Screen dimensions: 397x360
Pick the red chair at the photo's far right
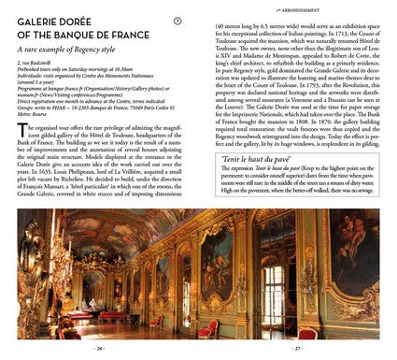[370, 323]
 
